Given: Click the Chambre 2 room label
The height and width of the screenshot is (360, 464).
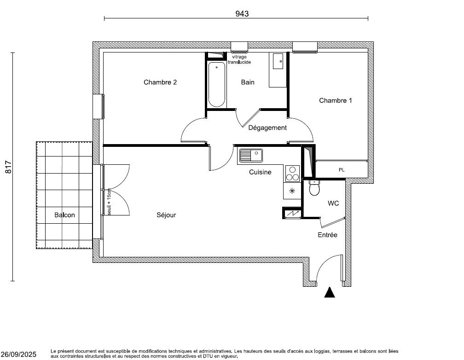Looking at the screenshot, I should tap(160, 82).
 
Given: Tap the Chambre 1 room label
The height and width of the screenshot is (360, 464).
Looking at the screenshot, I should tap(335, 100).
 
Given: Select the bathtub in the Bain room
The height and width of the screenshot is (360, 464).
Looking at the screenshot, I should tap(216, 85).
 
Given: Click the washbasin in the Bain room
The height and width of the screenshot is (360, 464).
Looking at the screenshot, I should tap(278, 62).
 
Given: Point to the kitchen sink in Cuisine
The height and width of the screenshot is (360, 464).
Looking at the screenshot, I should tap(250, 156).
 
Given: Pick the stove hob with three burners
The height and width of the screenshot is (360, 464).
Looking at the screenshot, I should tap(292, 173).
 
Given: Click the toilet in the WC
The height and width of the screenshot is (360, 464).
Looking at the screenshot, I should tap(314, 188).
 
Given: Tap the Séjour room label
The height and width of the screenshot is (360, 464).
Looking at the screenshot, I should tap(166, 215).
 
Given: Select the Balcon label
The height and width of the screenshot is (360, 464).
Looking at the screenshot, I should tap(64, 215).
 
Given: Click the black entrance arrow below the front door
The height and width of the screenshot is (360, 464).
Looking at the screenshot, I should tap(329, 292).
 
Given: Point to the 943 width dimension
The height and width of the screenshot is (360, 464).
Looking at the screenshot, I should tap(242, 14).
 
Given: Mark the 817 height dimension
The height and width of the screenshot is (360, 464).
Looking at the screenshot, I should tap(8, 167).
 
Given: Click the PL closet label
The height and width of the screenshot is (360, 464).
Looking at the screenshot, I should tap(341, 170).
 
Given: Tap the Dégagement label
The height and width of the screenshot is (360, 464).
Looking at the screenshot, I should tap(267, 128).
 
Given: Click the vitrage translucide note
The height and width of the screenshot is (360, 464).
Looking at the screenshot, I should tap(239, 59).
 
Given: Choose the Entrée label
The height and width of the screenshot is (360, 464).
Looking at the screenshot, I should tap(327, 235).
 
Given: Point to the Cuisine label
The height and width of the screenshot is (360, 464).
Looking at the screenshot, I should tap(260, 172).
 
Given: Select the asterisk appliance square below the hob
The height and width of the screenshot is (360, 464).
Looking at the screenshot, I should tap(291, 191).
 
